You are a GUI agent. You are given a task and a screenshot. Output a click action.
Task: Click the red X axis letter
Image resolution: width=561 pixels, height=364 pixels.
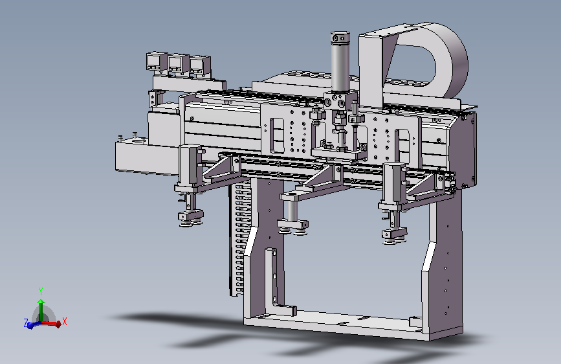click(x=65, y=321)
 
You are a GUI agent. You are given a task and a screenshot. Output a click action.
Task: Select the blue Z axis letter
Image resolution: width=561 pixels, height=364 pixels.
click(x=26, y=323)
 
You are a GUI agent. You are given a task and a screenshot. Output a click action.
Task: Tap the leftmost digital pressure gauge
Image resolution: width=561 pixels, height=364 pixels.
click(x=156, y=62)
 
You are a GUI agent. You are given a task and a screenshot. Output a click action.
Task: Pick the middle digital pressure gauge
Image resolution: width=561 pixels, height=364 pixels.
click(x=178, y=64)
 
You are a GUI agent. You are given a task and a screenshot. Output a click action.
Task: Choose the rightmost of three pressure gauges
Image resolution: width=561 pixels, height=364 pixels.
click(x=200, y=67)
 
